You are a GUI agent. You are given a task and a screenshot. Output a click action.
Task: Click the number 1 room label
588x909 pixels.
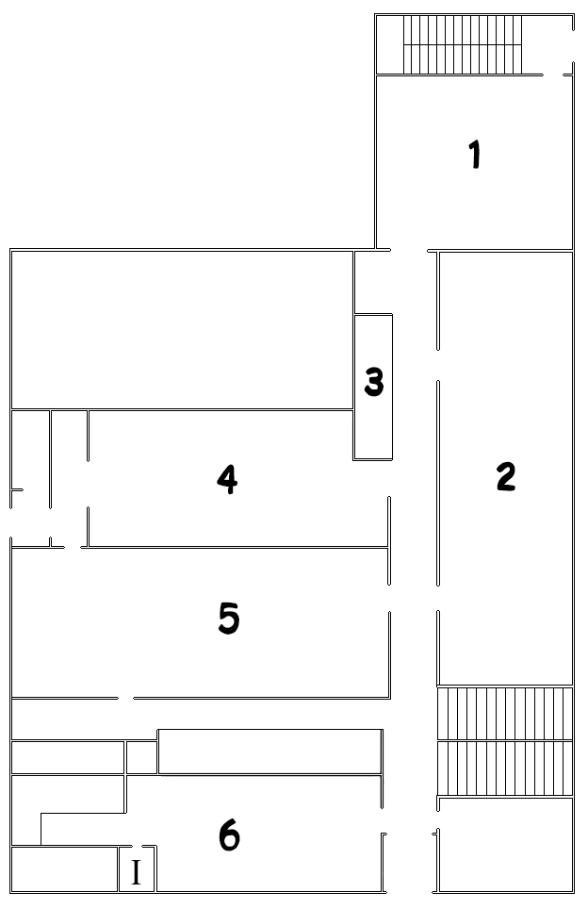[475, 155]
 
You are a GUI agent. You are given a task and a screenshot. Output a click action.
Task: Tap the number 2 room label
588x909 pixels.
[506, 476]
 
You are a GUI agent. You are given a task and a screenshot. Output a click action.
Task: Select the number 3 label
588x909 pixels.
[374, 382]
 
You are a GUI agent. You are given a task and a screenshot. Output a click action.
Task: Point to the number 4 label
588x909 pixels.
[227, 479]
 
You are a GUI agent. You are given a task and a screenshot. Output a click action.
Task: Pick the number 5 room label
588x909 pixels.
[229, 618]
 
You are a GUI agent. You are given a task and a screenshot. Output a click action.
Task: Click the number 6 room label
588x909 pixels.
[229, 836]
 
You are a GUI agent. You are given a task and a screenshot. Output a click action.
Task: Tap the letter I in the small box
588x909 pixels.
[136, 871]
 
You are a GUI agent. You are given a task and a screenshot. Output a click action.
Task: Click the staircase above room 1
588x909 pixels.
[463, 44]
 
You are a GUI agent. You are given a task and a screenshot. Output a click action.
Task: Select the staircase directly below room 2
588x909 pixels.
[504, 741]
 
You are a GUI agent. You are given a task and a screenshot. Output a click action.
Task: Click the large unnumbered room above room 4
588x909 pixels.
[183, 330]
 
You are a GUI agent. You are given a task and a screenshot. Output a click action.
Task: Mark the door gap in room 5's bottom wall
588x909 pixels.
[126, 698]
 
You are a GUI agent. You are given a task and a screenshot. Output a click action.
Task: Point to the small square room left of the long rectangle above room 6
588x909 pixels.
[141, 757]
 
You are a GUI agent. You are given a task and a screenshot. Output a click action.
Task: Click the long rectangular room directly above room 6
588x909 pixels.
[269, 752]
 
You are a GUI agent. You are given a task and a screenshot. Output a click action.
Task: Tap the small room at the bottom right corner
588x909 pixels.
[506, 845]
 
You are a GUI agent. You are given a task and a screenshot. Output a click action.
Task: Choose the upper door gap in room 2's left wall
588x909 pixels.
[438, 365]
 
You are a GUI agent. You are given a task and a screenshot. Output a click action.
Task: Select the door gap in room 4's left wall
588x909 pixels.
[88, 484]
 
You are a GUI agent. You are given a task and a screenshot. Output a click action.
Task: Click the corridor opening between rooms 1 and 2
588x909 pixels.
[409, 251]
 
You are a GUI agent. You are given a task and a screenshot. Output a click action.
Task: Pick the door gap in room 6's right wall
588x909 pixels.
[382, 820]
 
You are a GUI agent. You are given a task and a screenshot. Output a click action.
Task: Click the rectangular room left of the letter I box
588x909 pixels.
[65, 869]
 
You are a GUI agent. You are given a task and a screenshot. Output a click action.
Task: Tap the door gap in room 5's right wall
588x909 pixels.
[389, 598]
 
